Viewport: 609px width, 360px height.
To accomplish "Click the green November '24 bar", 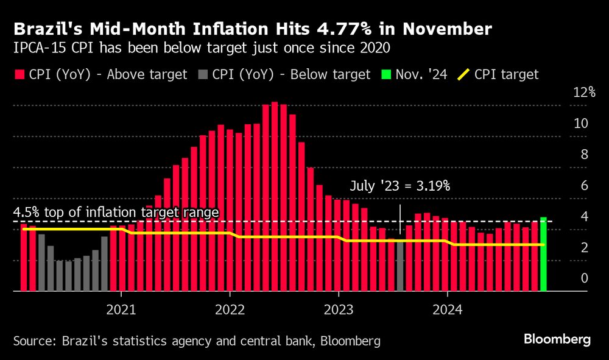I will click(x=543, y=254).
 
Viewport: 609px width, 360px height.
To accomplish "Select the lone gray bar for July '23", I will click(x=400, y=266).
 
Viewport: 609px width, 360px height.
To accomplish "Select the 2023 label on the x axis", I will click(x=338, y=309).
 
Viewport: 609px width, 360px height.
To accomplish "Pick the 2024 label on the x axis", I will click(x=447, y=309).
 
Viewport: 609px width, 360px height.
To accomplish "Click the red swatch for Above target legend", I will click(x=21, y=75).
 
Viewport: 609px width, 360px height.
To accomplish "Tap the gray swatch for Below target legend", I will click(x=203, y=75).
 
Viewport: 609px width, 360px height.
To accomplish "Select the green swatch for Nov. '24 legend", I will click(x=385, y=75).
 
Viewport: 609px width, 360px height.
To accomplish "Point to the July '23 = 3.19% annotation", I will click(x=400, y=186).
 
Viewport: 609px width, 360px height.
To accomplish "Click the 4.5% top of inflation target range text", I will click(x=116, y=213).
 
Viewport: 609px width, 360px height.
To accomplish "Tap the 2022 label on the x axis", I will click(x=230, y=309).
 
